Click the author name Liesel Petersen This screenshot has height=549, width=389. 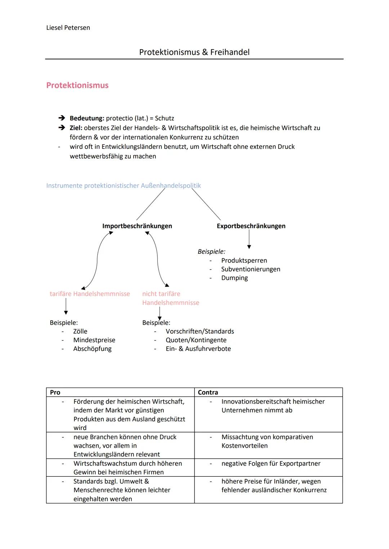point(68,28)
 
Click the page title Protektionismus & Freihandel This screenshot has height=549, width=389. point(194,52)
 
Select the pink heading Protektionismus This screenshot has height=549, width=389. point(77,85)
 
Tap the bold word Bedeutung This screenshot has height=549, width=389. point(87,118)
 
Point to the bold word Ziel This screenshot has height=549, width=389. point(76,128)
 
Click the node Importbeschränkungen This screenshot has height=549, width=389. point(137,226)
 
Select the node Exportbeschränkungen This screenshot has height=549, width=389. point(251,226)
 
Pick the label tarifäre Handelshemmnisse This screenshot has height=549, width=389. point(90,294)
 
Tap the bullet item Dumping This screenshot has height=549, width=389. point(234,278)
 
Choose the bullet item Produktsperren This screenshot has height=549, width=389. point(244,260)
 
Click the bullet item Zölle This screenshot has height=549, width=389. point(80,331)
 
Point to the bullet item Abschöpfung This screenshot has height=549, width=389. point(92,349)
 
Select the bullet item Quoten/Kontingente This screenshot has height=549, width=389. point(196,340)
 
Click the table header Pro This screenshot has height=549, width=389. point(55,392)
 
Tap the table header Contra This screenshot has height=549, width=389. point(208,392)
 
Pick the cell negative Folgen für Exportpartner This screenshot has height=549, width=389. point(270,463)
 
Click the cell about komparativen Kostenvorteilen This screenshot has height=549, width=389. point(267,441)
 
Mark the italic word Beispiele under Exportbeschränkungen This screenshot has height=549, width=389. point(211,252)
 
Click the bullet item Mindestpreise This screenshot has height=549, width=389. point(94,340)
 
